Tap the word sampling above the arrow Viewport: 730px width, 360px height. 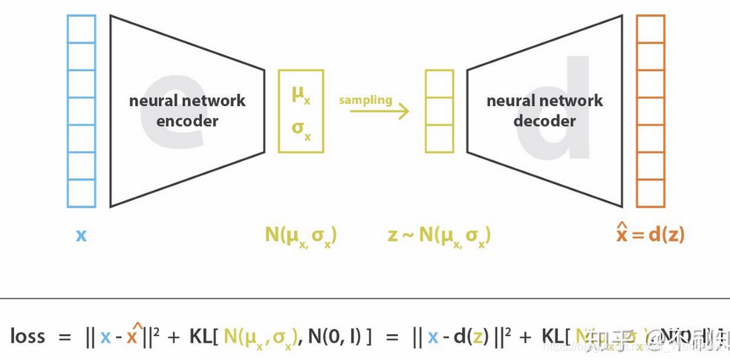click(365, 99)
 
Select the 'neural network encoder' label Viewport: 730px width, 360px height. click(187, 110)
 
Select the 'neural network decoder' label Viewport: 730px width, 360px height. click(544, 110)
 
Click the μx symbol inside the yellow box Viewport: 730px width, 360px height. click(301, 94)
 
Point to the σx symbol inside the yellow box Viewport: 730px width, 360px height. click(301, 128)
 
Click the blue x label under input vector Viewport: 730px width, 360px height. click(81, 235)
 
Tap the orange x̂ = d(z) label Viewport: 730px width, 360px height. click(651, 234)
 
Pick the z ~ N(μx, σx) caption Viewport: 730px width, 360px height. click(439, 236)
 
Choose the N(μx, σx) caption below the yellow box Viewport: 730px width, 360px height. click(301, 236)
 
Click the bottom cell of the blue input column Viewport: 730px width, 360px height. click(81, 194)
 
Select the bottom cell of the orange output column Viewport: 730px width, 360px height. click(650, 194)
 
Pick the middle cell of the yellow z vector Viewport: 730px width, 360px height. click(439, 111)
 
